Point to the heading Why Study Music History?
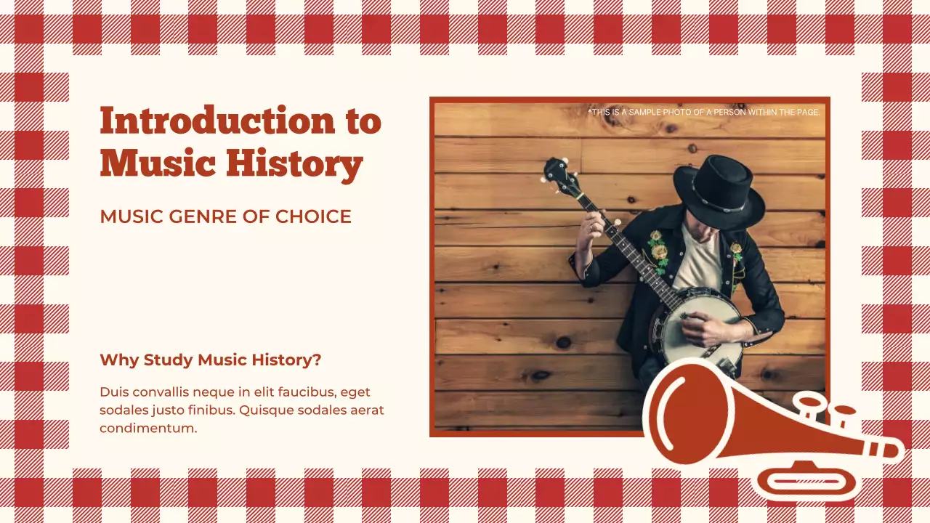coord(210,360)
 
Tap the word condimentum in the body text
coord(148,428)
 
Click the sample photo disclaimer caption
coord(703,113)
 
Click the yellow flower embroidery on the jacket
coord(658,250)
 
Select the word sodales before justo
coord(124,410)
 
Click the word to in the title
coord(363,121)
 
